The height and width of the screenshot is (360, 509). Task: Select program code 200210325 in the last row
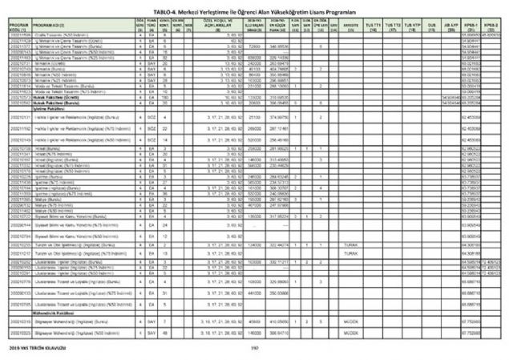click(x=20, y=332)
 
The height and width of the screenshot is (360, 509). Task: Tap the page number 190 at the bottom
click(x=254, y=347)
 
